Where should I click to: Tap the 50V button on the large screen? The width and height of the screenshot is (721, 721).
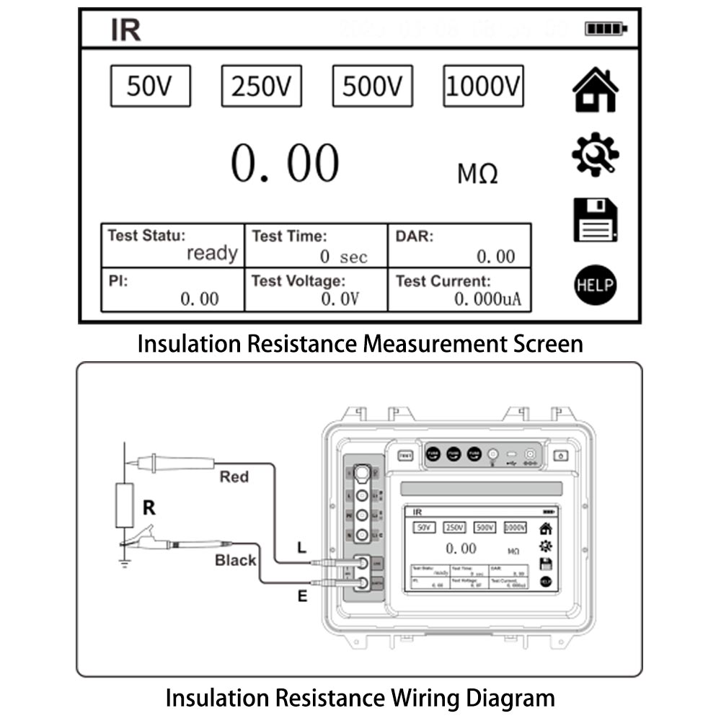tap(150, 86)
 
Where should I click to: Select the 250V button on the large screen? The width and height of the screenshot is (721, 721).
tap(261, 86)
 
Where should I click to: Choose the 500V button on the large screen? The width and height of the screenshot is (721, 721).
tap(372, 86)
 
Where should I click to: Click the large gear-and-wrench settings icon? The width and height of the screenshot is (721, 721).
tap(595, 154)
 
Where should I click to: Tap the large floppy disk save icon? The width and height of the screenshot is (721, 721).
tap(595, 219)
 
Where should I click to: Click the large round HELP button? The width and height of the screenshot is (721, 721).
tap(595, 284)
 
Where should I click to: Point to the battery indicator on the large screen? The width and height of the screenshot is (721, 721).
tap(606, 29)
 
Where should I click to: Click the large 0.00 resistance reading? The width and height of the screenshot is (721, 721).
tap(285, 163)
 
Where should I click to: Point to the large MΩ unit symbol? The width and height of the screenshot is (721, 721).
tap(477, 174)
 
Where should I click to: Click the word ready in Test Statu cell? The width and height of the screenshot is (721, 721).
tap(212, 254)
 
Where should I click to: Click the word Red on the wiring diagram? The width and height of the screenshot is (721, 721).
tap(234, 477)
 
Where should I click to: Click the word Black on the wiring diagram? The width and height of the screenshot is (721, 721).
tap(235, 560)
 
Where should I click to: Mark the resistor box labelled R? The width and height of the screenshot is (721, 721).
tap(125, 506)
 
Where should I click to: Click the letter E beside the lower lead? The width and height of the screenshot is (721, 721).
tap(302, 596)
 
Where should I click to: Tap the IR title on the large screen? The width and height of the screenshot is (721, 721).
tap(125, 30)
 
